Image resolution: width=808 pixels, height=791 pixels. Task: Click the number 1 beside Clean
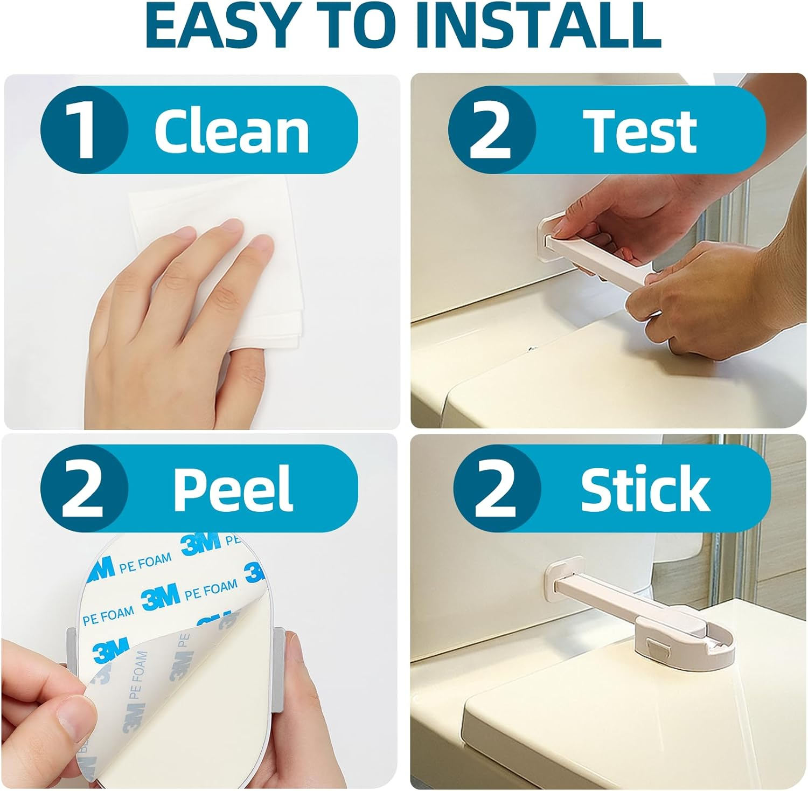pos(83,130)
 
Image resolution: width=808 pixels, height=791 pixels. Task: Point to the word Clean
pos(232,130)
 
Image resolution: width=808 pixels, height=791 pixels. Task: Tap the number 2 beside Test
pos(491,130)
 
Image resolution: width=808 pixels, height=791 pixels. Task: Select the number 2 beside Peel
pos(83,489)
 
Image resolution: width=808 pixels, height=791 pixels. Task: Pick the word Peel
pos(233,489)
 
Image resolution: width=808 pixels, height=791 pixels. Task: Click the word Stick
pos(645,489)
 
